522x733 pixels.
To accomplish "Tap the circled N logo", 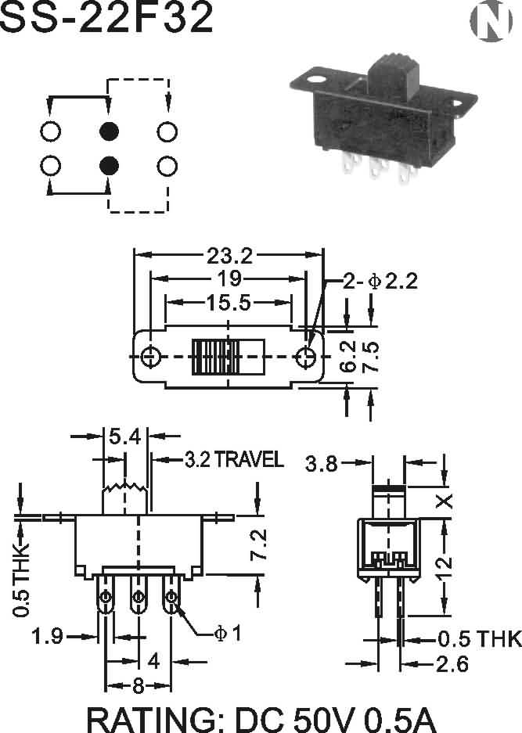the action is [491, 21].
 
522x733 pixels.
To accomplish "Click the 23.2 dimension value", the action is [229, 255].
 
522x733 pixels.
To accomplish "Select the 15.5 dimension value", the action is [229, 303].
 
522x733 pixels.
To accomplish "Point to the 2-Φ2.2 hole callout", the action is [380, 282].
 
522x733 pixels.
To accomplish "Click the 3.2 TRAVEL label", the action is [234, 459].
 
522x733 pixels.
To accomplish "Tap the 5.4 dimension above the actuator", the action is [125, 437].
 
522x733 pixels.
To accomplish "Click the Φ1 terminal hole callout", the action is [228, 634].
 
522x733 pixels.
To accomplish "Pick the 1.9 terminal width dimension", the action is [47, 636].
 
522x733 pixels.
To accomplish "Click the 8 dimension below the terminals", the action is [138, 686].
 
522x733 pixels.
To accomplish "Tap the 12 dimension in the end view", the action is [445, 567].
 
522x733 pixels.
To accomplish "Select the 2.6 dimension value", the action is [452, 664].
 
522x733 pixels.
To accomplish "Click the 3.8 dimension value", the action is [322, 464].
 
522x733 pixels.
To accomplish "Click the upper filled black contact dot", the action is [109, 131].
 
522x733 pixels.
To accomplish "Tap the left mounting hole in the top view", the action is [150, 358].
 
